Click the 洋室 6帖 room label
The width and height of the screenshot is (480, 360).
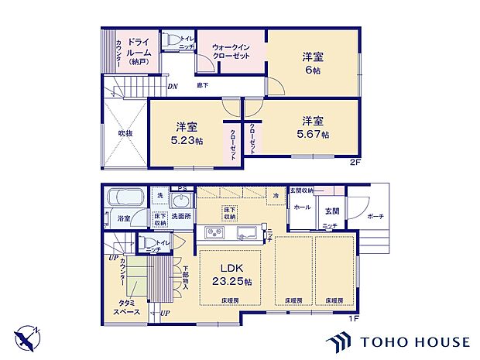pyautogui.click(x=314, y=63)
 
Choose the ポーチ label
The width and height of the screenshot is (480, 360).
pyautogui.click(x=375, y=216)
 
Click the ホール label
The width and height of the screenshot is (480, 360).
pyautogui.click(x=302, y=207)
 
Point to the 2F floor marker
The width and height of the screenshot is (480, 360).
pyautogui.click(x=354, y=163)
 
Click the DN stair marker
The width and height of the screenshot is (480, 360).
pyautogui.click(x=173, y=86)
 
